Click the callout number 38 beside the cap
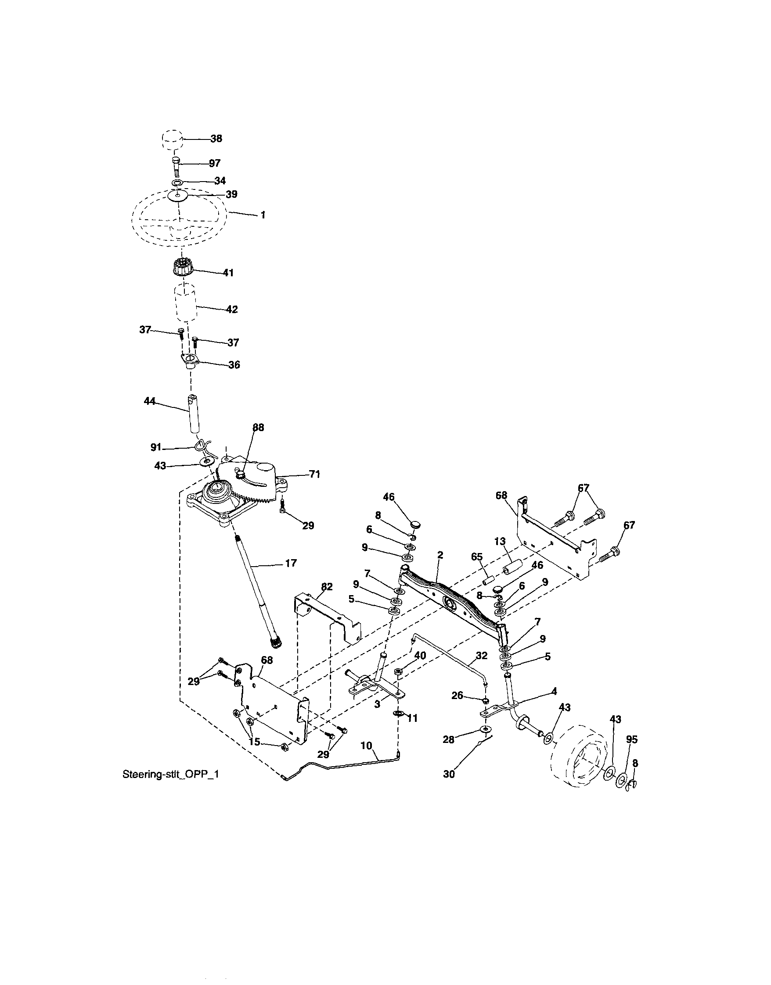click(x=216, y=139)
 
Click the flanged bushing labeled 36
click(x=190, y=361)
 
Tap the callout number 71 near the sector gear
click(x=314, y=474)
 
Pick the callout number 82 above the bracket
click(x=326, y=586)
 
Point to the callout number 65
click(x=477, y=557)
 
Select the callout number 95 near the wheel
click(x=631, y=739)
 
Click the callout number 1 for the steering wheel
click(x=263, y=215)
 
